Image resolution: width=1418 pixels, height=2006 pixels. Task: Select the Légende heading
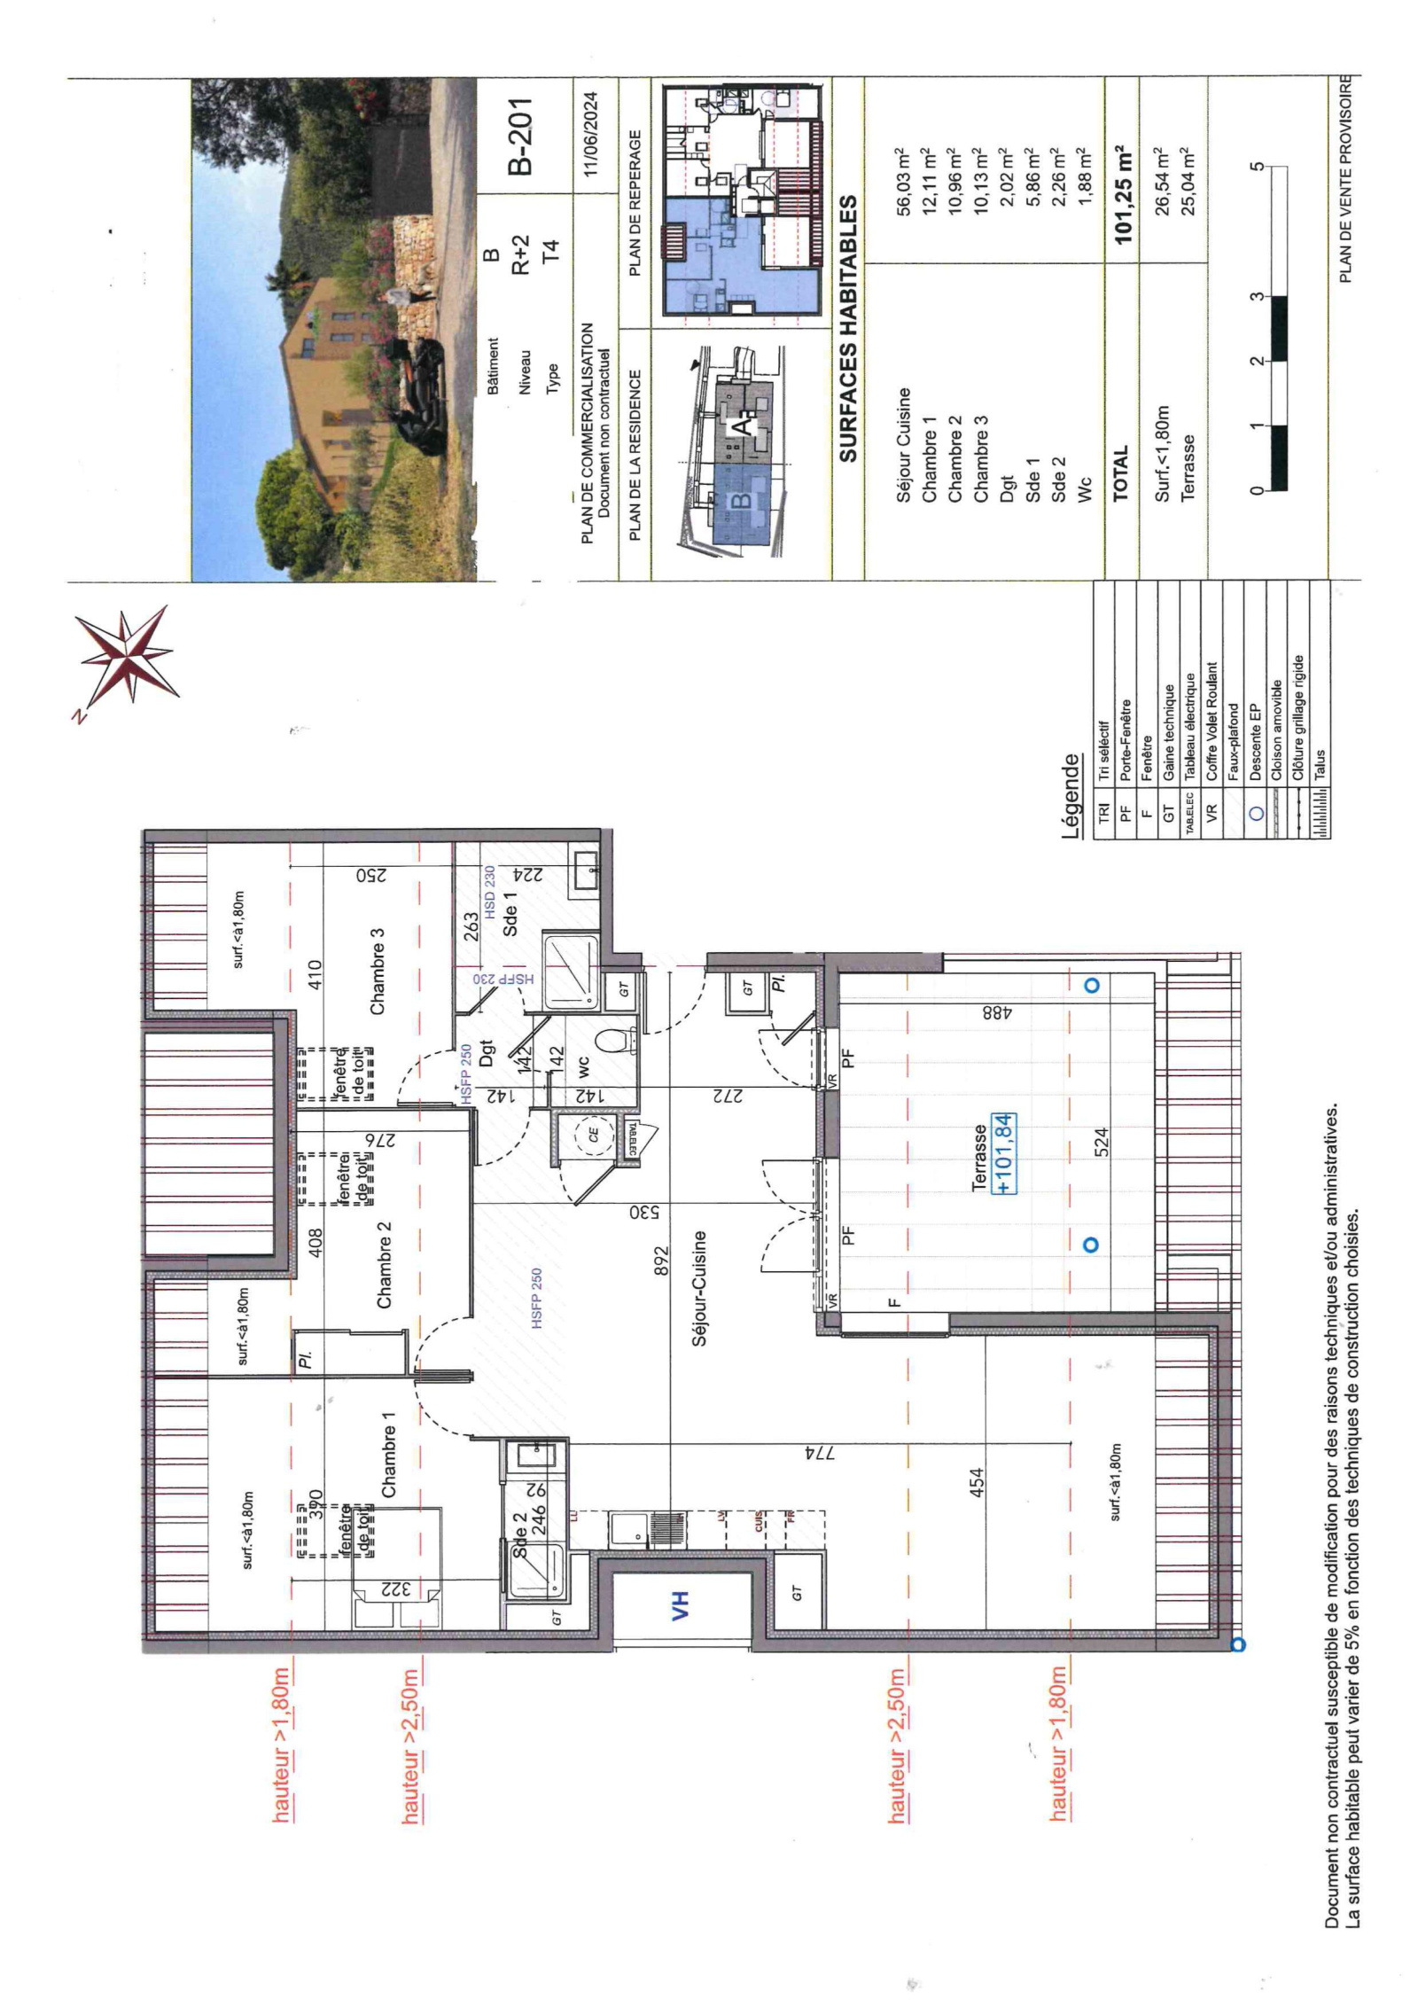point(1071,795)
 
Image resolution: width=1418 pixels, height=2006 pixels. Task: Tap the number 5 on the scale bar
point(1255,167)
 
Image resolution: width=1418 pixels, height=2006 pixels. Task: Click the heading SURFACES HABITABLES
point(848,328)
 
